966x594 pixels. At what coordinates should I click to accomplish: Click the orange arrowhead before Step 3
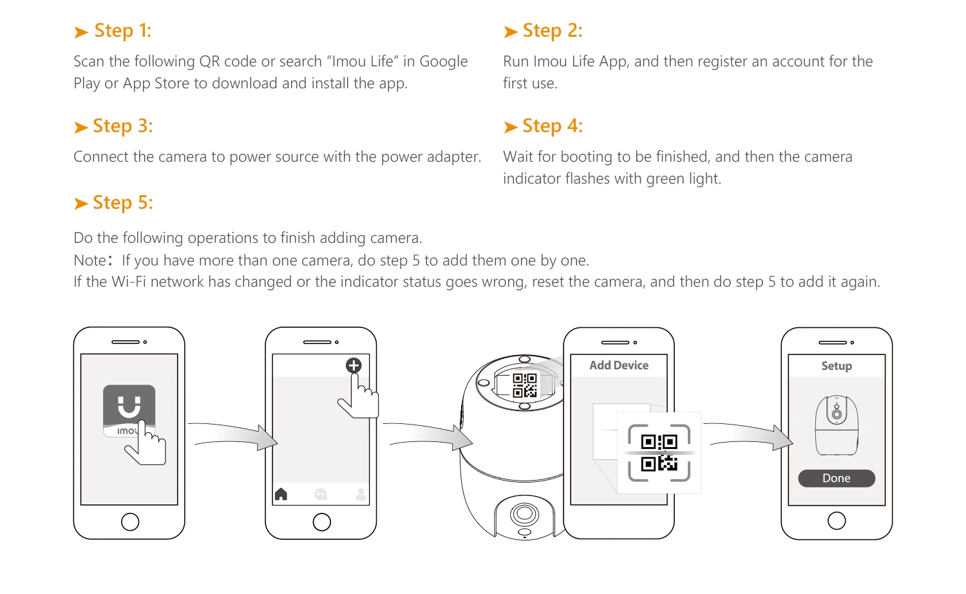click(80, 128)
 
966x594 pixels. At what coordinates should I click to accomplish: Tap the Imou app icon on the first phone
click(129, 410)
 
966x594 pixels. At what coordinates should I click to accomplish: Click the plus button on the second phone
click(354, 365)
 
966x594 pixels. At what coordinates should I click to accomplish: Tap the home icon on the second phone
click(281, 494)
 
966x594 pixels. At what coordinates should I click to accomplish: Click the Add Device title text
click(619, 365)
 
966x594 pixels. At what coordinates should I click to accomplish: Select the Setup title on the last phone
click(837, 366)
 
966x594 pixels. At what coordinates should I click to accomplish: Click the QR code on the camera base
click(524, 385)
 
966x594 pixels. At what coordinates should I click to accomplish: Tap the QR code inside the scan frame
click(659, 452)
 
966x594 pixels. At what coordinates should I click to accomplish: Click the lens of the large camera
click(524, 513)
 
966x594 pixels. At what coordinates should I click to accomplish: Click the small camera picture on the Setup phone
click(837, 425)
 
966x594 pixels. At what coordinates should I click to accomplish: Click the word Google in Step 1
click(443, 62)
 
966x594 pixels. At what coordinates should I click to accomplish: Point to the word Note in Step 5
click(90, 260)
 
